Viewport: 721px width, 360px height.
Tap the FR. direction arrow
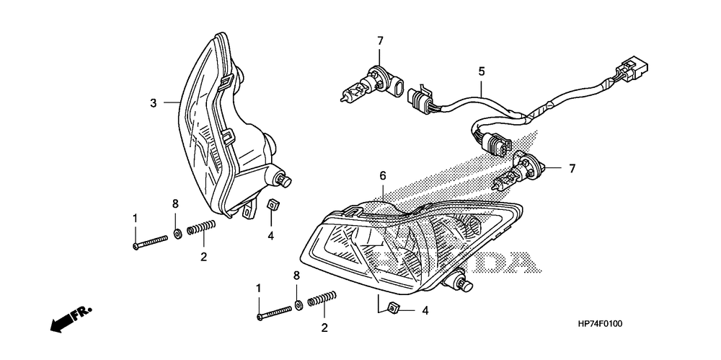(x=71, y=319)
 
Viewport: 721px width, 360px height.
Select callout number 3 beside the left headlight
(x=154, y=102)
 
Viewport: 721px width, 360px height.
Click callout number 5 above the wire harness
(x=482, y=71)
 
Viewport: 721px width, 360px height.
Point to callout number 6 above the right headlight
(x=383, y=175)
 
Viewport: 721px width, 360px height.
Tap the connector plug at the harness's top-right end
(x=632, y=71)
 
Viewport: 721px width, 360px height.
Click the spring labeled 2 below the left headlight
(x=201, y=227)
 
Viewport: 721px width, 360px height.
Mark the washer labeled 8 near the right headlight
(x=298, y=304)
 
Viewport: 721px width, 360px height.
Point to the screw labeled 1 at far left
(x=149, y=242)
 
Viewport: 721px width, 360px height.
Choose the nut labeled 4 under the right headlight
(x=394, y=307)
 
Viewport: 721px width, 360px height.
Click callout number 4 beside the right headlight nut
(x=425, y=311)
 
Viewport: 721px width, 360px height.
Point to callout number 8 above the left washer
(x=175, y=204)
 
